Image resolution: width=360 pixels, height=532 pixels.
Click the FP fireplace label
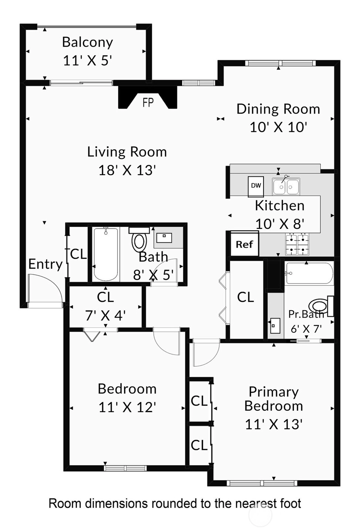(x=148, y=103)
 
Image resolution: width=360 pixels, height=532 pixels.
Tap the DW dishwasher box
(x=256, y=186)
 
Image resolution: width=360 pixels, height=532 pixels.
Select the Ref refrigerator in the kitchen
(x=245, y=244)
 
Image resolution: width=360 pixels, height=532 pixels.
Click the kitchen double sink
(x=286, y=187)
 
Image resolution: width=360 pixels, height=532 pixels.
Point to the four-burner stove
(x=297, y=244)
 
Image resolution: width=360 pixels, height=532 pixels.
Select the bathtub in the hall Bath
(x=106, y=254)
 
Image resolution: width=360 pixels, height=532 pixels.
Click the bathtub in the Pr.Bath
(x=310, y=273)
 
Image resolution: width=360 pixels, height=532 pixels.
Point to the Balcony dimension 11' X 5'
(x=87, y=61)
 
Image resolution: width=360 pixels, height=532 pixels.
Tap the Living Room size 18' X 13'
(x=127, y=170)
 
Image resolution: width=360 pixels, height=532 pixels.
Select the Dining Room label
(x=278, y=109)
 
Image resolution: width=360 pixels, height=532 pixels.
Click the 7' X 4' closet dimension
(x=105, y=316)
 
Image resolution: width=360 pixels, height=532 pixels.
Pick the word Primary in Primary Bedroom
(x=274, y=392)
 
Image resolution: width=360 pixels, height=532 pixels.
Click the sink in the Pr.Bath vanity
(x=275, y=325)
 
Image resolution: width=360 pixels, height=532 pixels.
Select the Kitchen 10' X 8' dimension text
(x=280, y=224)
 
